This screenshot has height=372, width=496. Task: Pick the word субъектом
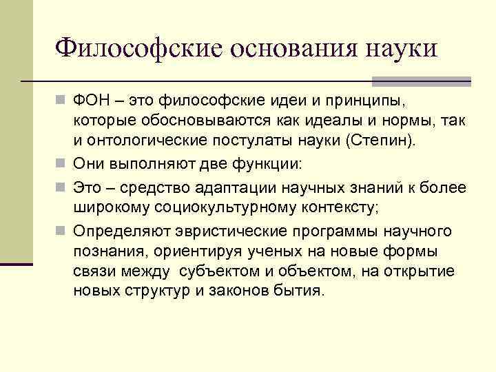pos(228,271)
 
